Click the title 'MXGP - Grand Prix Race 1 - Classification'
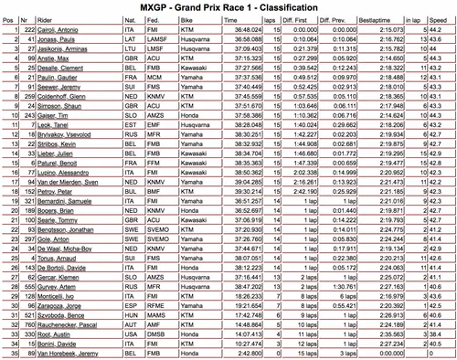(x=228, y=8)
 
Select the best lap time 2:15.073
(x=396, y=30)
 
